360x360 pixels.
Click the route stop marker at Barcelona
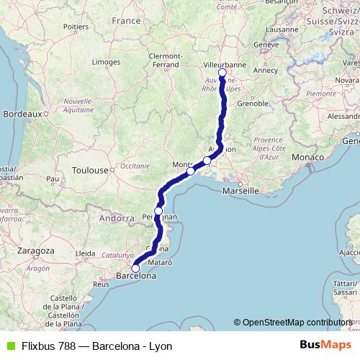click(135, 269)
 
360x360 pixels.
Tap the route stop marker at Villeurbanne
click(222, 73)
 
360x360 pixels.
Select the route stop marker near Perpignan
click(158, 211)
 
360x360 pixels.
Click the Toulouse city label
click(89, 171)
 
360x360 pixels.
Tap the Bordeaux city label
click(23, 113)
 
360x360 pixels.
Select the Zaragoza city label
click(35, 249)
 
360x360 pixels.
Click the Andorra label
click(117, 217)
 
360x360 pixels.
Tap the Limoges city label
click(107, 63)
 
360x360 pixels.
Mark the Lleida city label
click(86, 253)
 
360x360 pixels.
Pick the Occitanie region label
click(135, 166)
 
